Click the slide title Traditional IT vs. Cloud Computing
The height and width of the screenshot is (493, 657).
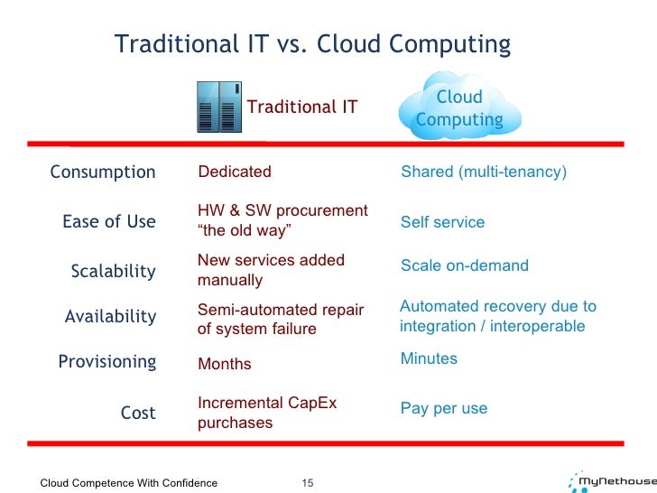[x=312, y=44]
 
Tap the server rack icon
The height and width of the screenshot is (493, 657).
[x=216, y=107]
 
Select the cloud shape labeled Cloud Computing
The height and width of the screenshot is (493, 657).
[x=459, y=108]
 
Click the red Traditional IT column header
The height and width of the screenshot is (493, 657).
[x=302, y=107]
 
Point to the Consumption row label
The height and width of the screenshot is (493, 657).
[x=103, y=172]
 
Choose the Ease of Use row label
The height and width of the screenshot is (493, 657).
[x=108, y=222]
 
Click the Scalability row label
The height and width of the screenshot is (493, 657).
[x=114, y=271]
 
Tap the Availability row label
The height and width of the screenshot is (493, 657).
[x=110, y=316]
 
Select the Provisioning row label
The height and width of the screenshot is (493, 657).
[x=106, y=362]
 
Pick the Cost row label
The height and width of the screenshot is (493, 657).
[x=138, y=413]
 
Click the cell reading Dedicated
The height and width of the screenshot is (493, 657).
[x=235, y=172]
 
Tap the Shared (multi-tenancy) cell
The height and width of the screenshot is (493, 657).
[x=484, y=172]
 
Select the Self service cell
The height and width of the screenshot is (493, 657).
[x=442, y=222]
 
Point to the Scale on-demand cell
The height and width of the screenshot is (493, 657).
[x=465, y=265]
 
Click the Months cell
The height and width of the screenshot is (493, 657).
[x=225, y=364]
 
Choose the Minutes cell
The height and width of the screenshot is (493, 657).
[x=429, y=358]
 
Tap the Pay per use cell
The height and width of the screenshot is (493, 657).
[x=444, y=408]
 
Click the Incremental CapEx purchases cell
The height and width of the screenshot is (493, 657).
[x=267, y=413]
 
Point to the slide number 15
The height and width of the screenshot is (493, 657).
[x=306, y=483]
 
